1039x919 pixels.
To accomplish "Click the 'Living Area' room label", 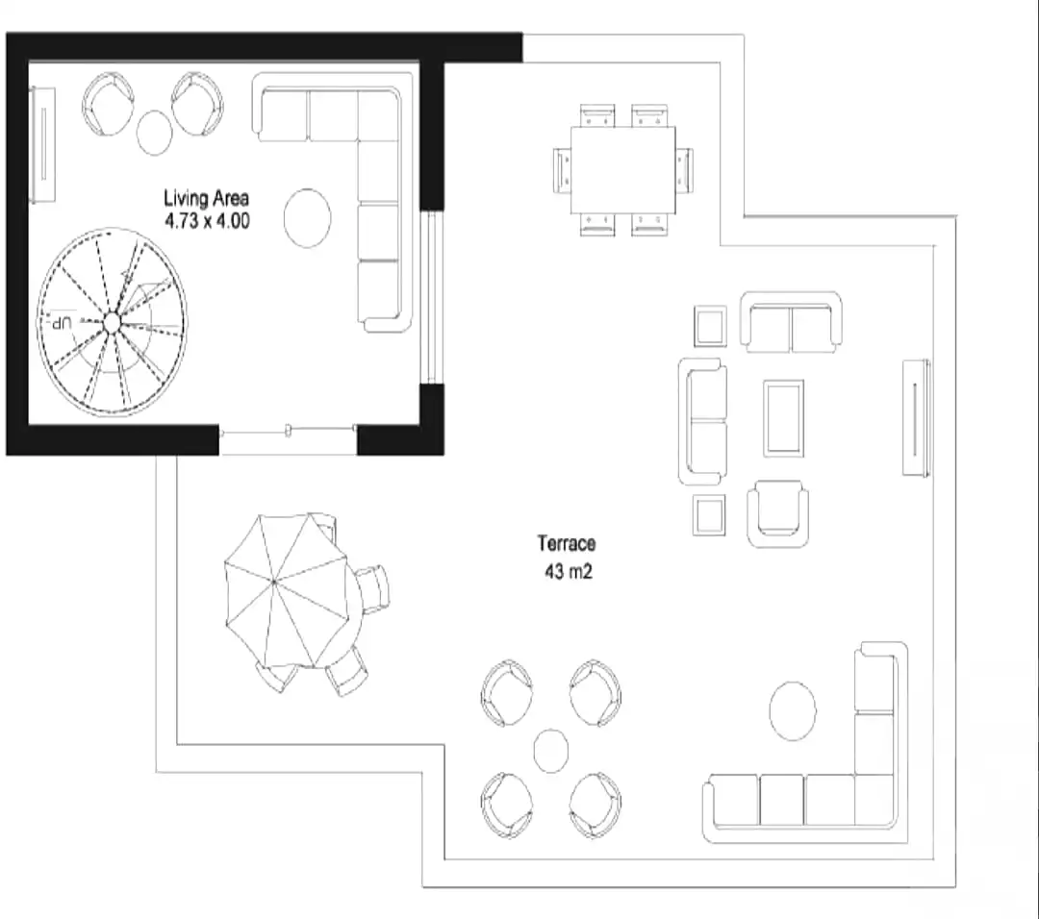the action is pyautogui.click(x=206, y=198).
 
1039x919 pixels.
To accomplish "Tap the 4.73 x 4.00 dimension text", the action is pyautogui.click(x=207, y=220).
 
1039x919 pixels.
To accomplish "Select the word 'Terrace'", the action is pyautogui.click(x=567, y=543).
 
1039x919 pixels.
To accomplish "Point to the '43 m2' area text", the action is pyautogui.click(x=568, y=571).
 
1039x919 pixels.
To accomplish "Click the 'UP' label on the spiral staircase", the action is pyautogui.click(x=62, y=324).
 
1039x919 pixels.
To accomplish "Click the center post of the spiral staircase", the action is pyautogui.click(x=112, y=323).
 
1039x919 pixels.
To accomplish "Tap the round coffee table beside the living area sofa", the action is pyautogui.click(x=308, y=218).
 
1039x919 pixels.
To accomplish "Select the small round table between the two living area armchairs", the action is pyautogui.click(x=154, y=133).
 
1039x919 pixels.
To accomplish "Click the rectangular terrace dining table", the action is pyautogui.click(x=622, y=170).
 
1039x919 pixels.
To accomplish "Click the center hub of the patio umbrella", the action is pyautogui.click(x=274, y=582).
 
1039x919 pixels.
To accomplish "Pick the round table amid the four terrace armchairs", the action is pyautogui.click(x=550, y=751).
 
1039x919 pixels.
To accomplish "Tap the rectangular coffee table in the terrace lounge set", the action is pyautogui.click(x=783, y=418).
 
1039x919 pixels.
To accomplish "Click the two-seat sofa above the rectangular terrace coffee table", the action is pyautogui.click(x=791, y=322).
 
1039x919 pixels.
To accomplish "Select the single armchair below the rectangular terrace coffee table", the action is pyautogui.click(x=778, y=513).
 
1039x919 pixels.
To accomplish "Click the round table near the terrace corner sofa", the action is pyautogui.click(x=793, y=711).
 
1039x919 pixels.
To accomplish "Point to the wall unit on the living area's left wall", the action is pyautogui.click(x=43, y=144).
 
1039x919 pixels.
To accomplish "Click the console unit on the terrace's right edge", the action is pyautogui.click(x=917, y=418).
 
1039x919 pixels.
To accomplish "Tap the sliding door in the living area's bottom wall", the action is pyautogui.click(x=289, y=432).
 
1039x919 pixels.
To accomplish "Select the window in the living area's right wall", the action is pyautogui.click(x=431, y=297).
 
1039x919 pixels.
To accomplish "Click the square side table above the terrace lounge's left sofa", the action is pyautogui.click(x=710, y=326).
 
